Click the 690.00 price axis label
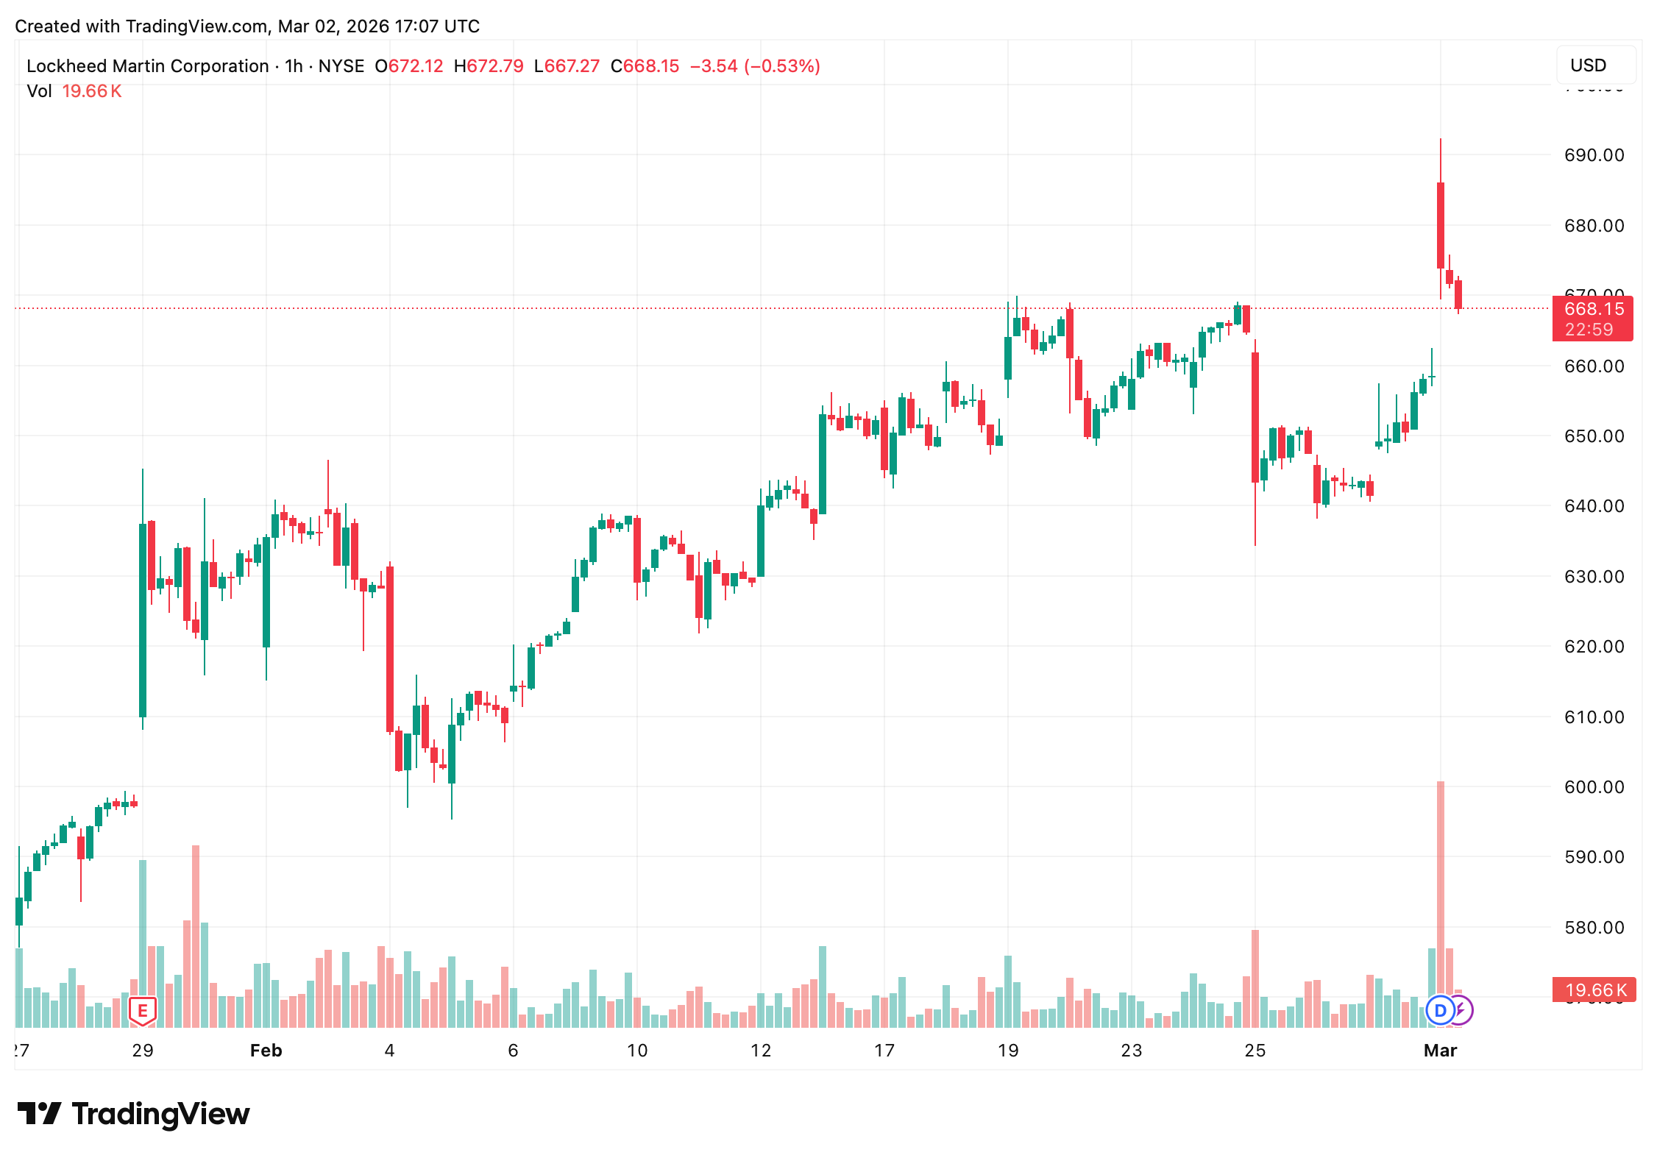(x=1594, y=155)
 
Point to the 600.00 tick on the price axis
(x=1594, y=787)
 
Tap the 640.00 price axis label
(x=1594, y=506)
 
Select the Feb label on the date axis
(x=266, y=1051)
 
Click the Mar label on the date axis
(x=1440, y=1051)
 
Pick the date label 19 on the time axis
(x=1007, y=1051)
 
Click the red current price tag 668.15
(x=1593, y=310)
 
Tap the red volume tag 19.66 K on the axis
(x=1594, y=990)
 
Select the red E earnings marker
(x=143, y=1011)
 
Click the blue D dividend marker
(x=1440, y=1011)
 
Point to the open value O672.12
(x=409, y=66)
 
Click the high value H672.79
(x=489, y=66)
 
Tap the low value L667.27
(x=567, y=66)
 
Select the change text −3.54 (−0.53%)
(x=755, y=66)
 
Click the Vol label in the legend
(x=39, y=91)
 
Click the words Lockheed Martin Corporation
(x=147, y=66)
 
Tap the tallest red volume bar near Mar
(x=1441, y=905)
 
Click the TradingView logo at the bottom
(x=133, y=1114)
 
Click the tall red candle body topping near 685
(x=1441, y=225)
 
